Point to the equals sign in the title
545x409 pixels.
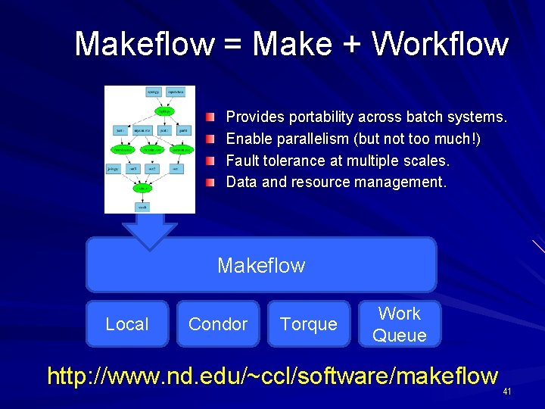click(x=233, y=45)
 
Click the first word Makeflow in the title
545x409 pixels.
click(x=145, y=44)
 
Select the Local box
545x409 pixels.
click(x=127, y=324)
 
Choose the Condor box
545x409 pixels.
click(x=218, y=324)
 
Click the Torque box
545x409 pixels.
click(x=308, y=324)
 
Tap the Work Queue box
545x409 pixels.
click(x=399, y=324)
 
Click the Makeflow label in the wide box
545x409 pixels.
click(x=261, y=265)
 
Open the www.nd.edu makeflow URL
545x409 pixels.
click(x=272, y=376)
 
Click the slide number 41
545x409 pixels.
click(x=507, y=392)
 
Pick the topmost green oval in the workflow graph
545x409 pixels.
click(x=163, y=111)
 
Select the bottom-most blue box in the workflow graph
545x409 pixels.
click(x=142, y=206)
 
